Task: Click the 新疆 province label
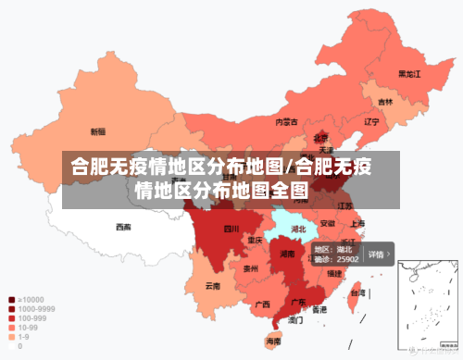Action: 97,131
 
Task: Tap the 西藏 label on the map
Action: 123,226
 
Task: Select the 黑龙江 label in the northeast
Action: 409,73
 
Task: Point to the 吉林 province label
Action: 384,102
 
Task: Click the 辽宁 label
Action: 372,121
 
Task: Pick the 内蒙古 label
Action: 286,121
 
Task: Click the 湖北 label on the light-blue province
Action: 299,228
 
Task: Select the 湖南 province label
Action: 287,254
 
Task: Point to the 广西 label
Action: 262,304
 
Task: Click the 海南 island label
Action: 274,341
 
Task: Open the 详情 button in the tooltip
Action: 378,254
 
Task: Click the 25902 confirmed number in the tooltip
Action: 346,259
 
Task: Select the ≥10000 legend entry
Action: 28,300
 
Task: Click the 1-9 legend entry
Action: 22,337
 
